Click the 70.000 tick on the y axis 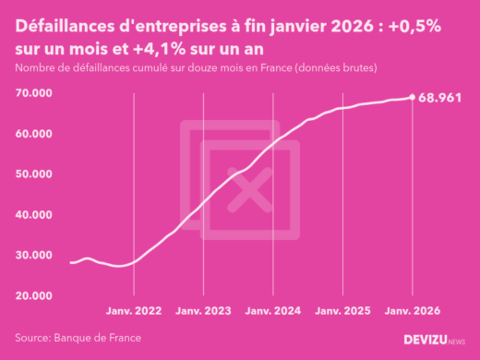click(x=32, y=93)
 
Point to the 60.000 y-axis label click(x=32, y=134)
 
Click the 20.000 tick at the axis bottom click(x=32, y=295)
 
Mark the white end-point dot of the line click(x=412, y=97)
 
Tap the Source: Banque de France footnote click(x=78, y=338)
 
